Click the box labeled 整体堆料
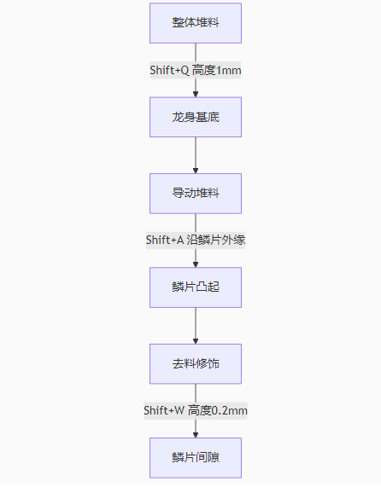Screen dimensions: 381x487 click(196, 23)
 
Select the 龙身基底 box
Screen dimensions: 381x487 click(196, 117)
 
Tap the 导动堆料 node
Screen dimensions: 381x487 click(196, 194)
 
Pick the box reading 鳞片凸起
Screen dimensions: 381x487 click(196, 287)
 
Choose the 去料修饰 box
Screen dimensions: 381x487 click(196, 363)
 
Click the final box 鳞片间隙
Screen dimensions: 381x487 click(196, 458)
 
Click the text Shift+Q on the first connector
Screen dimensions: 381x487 click(169, 70)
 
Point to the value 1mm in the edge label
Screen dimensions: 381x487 click(228, 71)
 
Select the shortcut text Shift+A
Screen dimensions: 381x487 click(165, 240)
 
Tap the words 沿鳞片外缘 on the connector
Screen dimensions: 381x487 click(216, 240)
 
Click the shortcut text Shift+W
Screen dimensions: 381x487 click(164, 410)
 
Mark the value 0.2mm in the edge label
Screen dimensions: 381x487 click(229, 411)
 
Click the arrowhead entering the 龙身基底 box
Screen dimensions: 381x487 click(196, 94)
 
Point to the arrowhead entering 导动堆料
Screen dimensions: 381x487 click(196, 171)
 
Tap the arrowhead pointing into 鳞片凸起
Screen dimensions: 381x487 click(196, 264)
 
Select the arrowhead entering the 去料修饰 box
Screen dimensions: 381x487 click(196, 341)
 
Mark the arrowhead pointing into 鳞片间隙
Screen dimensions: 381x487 click(196, 435)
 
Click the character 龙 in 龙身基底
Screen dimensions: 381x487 click(178, 117)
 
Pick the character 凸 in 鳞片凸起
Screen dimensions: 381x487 click(202, 287)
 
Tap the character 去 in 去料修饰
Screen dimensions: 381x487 click(178, 363)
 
